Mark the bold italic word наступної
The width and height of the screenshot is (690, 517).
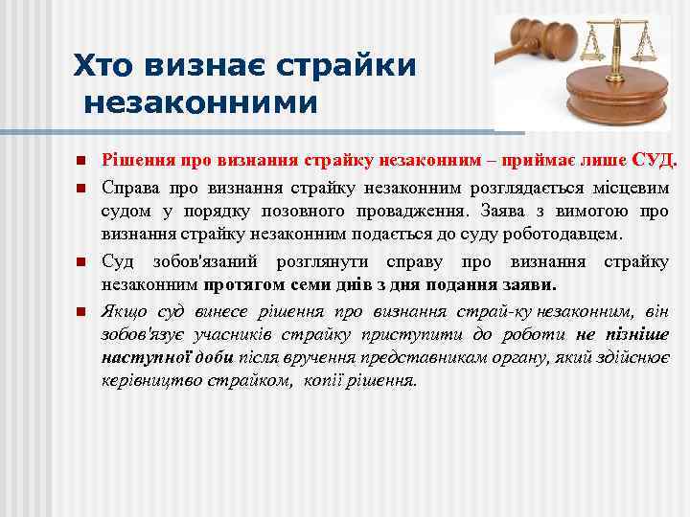[142, 358]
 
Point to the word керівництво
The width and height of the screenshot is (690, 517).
[147, 381]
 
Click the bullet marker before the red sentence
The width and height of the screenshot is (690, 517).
[81, 159]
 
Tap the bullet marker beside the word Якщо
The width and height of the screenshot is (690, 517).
[81, 312]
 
